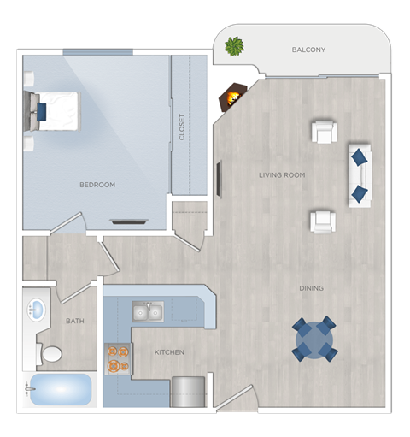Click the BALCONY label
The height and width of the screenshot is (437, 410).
(x=308, y=50)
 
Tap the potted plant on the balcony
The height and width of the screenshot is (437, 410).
(x=234, y=46)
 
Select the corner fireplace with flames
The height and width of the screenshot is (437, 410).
(x=231, y=97)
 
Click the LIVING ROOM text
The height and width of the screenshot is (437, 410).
(x=282, y=175)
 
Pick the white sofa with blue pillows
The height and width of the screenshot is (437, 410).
(x=360, y=175)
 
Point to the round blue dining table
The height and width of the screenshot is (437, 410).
(x=313, y=340)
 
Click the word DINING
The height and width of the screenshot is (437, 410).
(x=311, y=288)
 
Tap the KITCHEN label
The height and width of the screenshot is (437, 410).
(x=170, y=352)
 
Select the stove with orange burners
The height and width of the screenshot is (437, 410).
(x=117, y=359)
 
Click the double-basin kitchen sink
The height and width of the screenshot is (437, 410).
(x=147, y=312)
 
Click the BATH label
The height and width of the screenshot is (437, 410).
(x=75, y=322)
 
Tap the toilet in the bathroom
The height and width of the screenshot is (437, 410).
(x=50, y=352)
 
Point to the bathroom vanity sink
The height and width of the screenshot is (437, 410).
(x=36, y=310)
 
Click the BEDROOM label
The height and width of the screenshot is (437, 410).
(x=97, y=185)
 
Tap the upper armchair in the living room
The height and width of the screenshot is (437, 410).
(x=324, y=132)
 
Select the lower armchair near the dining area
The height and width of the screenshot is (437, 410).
(x=323, y=221)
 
